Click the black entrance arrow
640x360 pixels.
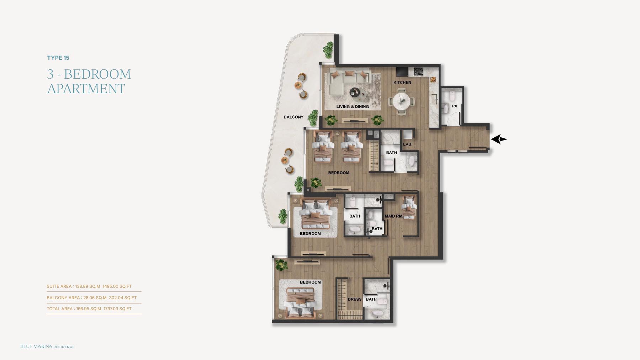coord(499,139)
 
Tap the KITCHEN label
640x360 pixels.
coord(402,83)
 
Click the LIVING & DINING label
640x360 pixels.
coord(353,106)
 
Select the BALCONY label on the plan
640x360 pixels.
coord(293,117)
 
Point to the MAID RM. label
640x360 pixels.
coord(393,216)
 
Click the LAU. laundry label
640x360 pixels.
coord(408,144)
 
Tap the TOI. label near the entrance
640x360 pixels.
coord(454,106)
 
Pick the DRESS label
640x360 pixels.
coord(354,300)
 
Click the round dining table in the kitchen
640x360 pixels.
coord(402,101)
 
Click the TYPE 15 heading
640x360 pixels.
coord(58,58)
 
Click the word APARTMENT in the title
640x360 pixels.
coord(86,89)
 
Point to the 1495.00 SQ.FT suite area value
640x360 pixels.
coord(117,286)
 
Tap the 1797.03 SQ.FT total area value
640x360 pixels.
coord(117,309)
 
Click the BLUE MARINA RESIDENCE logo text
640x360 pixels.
coord(47,346)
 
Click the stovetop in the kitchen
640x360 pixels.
coord(418,72)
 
